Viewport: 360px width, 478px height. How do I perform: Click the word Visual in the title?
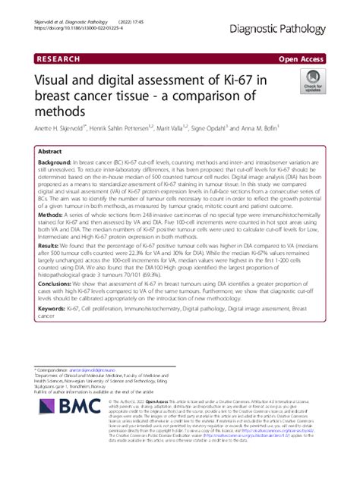click(x=55, y=79)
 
